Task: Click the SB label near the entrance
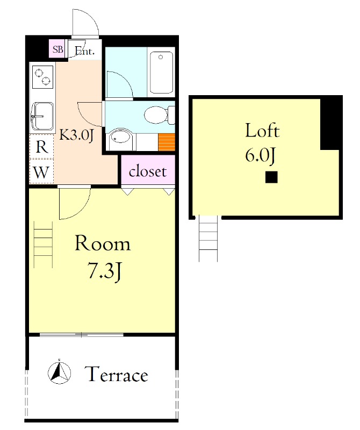[x=58, y=49]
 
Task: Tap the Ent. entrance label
[x=84, y=51]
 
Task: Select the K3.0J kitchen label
[x=77, y=135]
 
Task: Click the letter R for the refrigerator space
[x=42, y=147]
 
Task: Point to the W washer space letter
[x=41, y=173]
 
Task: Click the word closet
[x=148, y=171]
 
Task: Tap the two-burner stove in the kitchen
[x=42, y=76]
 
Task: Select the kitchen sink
[x=42, y=116]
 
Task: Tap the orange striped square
[x=167, y=142]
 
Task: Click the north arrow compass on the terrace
[x=59, y=372]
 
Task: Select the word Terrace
[x=116, y=374]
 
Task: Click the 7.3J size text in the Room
[x=104, y=271]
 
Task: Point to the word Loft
[x=262, y=131]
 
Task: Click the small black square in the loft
[x=271, y=177]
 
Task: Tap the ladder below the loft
[x=208, y=238]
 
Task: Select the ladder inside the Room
[x=43, y=245]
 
